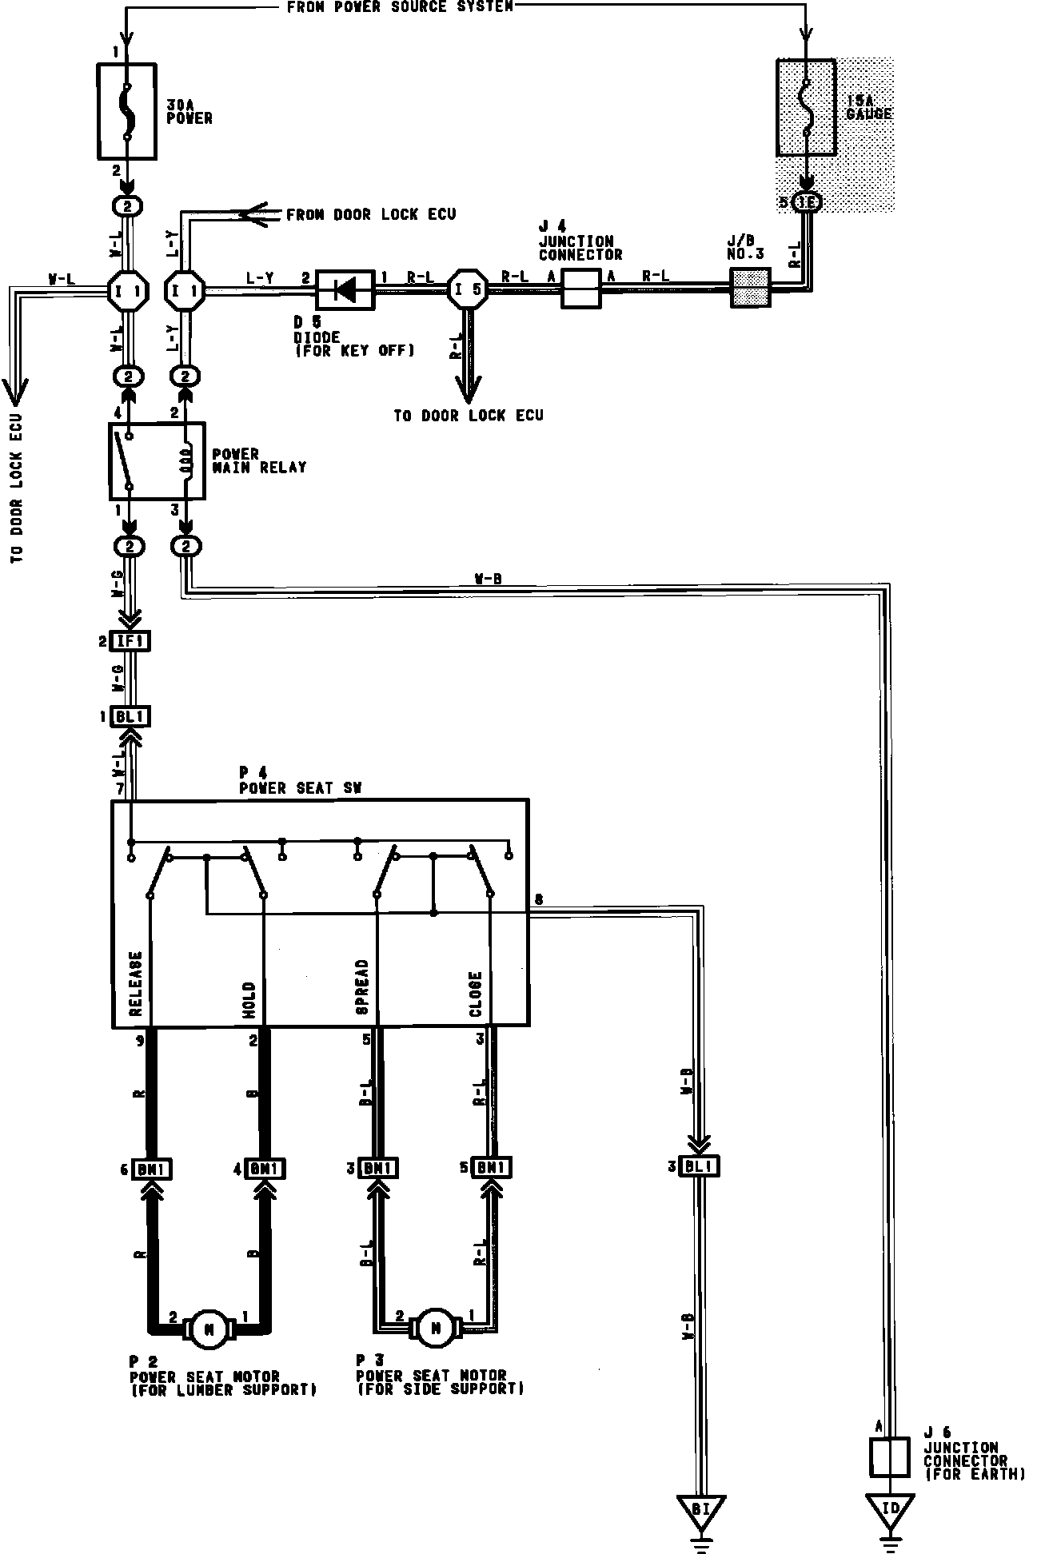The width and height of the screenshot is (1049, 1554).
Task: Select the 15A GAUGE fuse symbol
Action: pyautogui.click(x=807, y=106)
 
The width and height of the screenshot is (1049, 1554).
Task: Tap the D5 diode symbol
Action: pyautogui.click(x=345, y=289)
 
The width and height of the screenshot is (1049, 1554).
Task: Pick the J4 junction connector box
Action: pyautogui.click(x=580, y=289)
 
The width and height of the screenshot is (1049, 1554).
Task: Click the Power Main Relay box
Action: pyautogui.click(x=157, y=461)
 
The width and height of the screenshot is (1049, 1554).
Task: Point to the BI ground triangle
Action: pyautogui.click(x=701, y=1509)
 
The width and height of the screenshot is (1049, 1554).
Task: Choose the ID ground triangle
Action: pyautogui.click(x=890, y=1509)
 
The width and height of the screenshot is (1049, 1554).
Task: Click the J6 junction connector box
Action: pyautogui.click(x=889, y=1456)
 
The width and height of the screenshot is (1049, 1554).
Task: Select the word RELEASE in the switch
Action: pyautogui.click(x=135, y=983)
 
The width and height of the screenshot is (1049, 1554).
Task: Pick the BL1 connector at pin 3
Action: pyautogui.click(x=700, y=1166)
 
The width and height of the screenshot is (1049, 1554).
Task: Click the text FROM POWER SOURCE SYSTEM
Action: pyautogui.click(x=399, y=7)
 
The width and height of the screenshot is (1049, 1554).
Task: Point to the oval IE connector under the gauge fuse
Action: pyautogui.click(x=807, y=203)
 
